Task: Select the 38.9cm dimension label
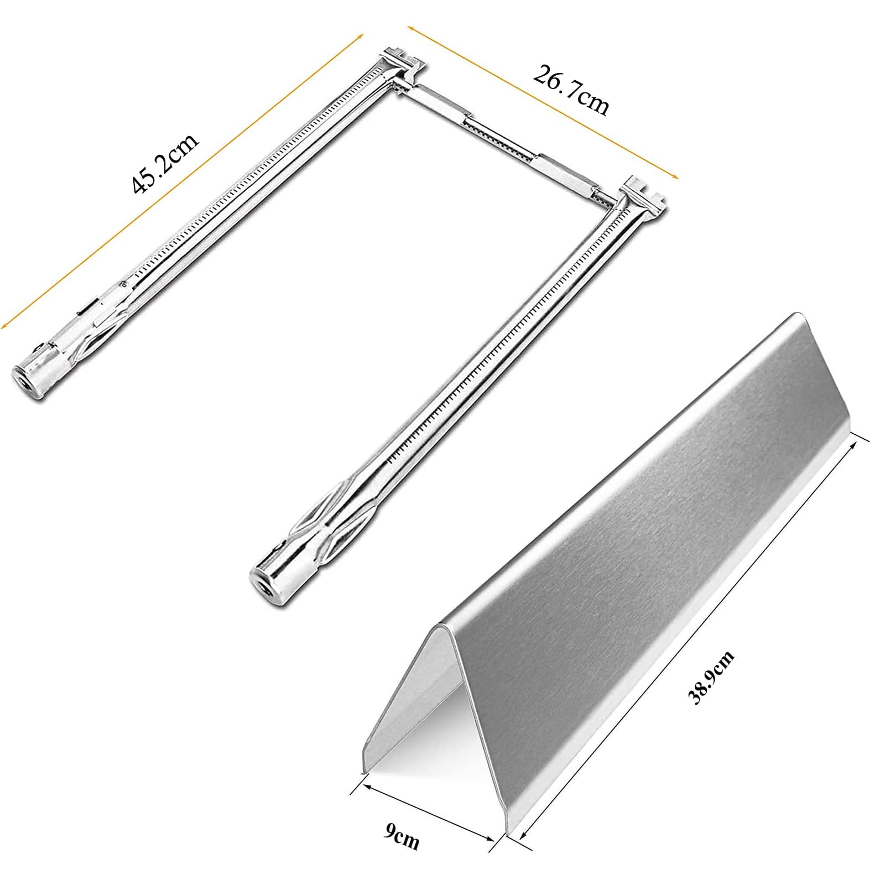coord(711,677)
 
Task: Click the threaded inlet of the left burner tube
coord(25,381)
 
